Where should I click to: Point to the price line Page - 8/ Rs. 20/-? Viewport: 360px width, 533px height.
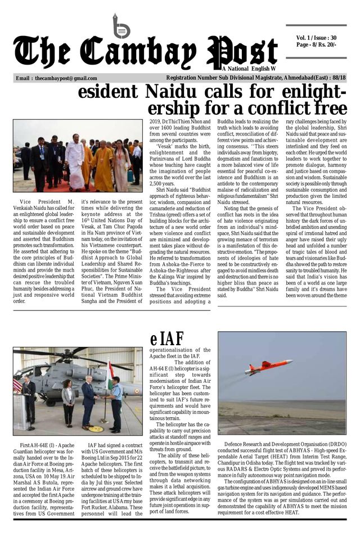click(x=316, y=44)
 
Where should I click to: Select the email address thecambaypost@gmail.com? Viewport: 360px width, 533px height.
click(x=66, y=79)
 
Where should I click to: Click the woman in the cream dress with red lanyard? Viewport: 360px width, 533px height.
click(x=120, y=166)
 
